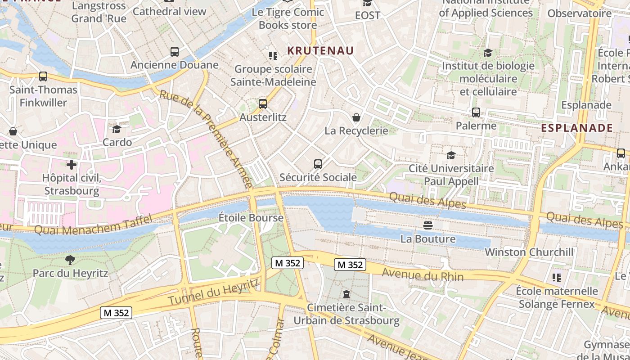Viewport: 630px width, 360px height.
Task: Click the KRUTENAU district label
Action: point(320,50)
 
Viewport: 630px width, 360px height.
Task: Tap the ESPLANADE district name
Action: point(577,128)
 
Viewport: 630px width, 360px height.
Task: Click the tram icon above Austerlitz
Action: point(263,104)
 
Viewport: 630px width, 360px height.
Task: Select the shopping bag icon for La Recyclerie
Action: point(356,117)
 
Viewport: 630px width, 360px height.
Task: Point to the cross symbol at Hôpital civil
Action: point(71,164)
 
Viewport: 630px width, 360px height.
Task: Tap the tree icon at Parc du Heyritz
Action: point(70,260)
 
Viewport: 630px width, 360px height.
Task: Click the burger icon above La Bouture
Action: point(427,225)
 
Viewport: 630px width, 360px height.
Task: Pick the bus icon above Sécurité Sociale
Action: point(318,164)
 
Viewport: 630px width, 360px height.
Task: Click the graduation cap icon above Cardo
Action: point(117,129)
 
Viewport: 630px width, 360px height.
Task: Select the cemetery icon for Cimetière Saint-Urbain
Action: point(346,294)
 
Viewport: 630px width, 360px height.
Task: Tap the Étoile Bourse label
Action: point(251,218)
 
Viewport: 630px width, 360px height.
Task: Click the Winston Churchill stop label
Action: point(529,252)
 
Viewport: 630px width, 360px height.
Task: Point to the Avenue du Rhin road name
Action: point(423,274)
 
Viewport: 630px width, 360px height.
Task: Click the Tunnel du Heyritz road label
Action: point(214,291)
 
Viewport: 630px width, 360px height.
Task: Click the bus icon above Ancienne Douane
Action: point(175,52)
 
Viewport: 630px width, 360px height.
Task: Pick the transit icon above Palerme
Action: point(476,112)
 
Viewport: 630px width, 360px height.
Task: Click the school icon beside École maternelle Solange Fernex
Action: point(557,278)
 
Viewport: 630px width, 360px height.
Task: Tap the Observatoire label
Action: point(580,13)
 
